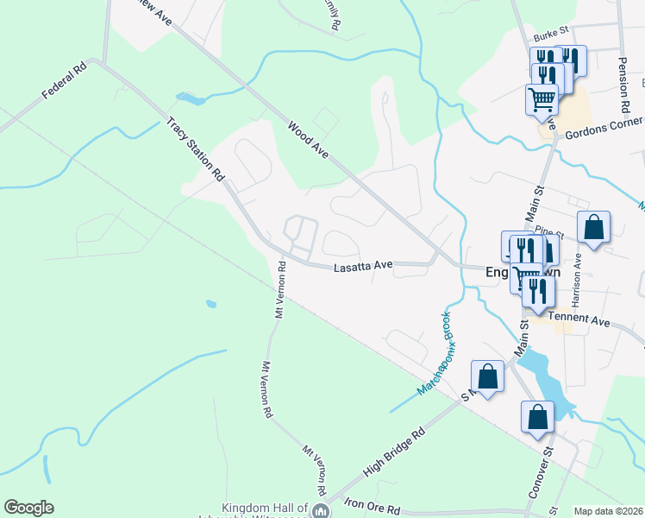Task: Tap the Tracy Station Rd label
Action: pos(195,149)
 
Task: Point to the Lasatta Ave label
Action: pos(363,268)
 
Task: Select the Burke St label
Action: pos(551,36)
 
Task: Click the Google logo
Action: pos(28,508)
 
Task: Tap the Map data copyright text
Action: pos(609,511)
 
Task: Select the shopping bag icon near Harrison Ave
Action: pos(593,228)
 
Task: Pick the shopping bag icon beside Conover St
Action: pos(537,417)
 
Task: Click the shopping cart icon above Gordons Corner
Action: pos(542,98)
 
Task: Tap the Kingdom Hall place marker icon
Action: pos(321,511)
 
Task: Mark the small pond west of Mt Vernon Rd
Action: pos(210,304)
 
